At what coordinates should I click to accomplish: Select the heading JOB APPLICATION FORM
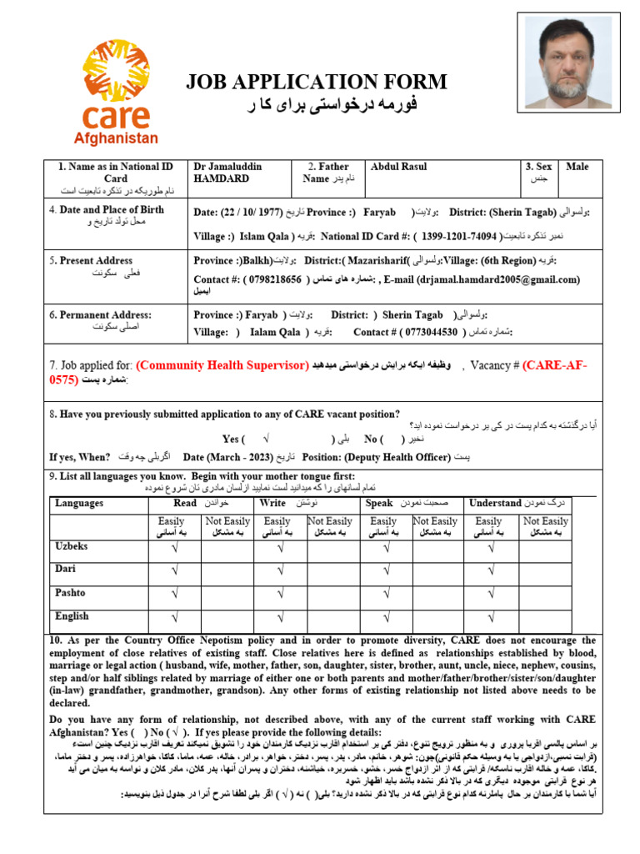click(x=316, y=82)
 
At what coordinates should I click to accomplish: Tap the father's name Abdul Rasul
click(x=398, y=167)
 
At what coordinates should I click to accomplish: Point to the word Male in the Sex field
click(x=577, y=167)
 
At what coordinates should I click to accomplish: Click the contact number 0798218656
click(x=272, y=279)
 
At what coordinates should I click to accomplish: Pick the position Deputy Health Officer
click(x=394, y=457)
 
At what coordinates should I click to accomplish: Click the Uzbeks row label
click(x=72, y=545)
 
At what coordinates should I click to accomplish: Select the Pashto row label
click(x=72, y=593)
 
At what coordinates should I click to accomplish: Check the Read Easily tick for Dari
click(x=174, y=570)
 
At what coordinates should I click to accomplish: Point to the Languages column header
click(x=79, y=503)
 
